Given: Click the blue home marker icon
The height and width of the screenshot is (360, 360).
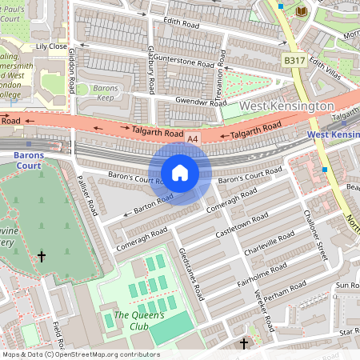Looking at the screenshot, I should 180,173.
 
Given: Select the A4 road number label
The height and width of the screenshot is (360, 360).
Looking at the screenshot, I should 192,138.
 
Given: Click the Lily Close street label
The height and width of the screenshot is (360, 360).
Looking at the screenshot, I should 51,46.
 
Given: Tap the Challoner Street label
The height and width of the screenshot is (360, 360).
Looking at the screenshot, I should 317,232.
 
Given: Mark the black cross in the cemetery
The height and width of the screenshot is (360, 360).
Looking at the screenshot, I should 42,256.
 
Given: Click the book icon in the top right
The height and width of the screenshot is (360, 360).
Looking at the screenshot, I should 301,10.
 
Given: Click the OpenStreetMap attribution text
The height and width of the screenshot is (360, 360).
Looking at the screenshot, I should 80,354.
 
